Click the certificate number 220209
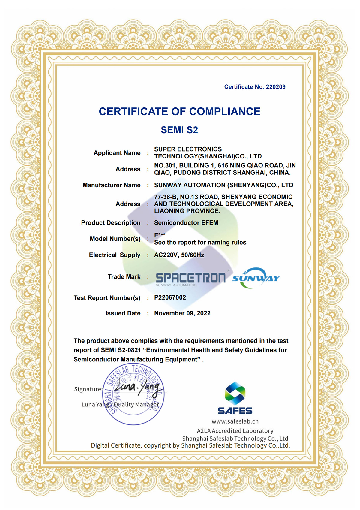(276, 87)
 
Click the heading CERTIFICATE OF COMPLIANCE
(179, 112)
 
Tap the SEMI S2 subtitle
(179, 130)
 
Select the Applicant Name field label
(117, 153)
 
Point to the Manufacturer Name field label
(111, 185)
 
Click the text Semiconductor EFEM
(186, 223)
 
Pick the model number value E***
(160, 235)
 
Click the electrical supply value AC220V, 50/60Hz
(179, 255)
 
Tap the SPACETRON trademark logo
(190, 278)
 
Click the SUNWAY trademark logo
(256, 278)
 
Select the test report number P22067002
(170, 297)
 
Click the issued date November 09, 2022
(182, 313)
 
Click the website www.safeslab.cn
(235, 421)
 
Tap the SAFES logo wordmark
(235, 411)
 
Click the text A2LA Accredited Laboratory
(235, 431)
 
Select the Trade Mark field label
(124, 277)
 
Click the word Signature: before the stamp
(88, 389)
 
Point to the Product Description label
(111, 223)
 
